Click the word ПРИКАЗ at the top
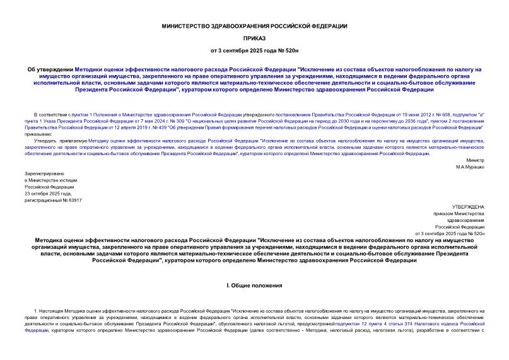pos(254,37)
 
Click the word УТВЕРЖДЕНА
pos(469,206)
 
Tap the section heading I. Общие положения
pos(254,286)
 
